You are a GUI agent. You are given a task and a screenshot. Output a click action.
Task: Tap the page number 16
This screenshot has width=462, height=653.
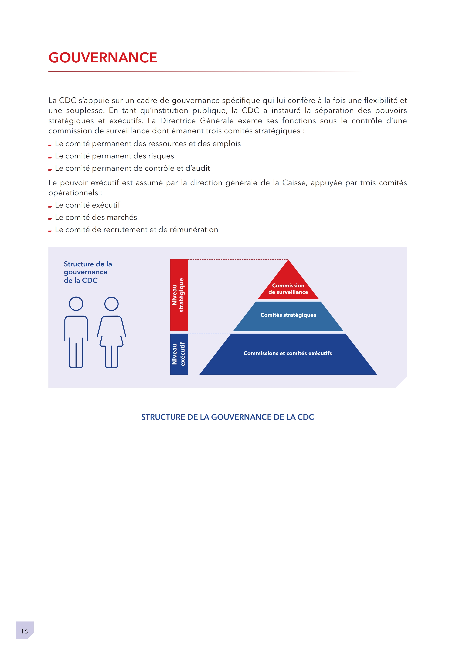coord(24,631)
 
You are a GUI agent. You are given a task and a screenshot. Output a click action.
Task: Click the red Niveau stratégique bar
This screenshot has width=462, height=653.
coord(179,295)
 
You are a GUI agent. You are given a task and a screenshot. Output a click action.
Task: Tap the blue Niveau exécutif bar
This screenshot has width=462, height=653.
coord(179,354)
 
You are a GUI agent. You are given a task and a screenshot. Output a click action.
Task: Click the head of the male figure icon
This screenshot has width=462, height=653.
coord(76,304)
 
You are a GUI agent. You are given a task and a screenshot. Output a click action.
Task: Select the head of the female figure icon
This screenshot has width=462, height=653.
coord(111,304)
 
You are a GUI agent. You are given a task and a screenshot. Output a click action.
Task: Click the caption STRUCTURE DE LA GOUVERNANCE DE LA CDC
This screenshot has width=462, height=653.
coord(227,417)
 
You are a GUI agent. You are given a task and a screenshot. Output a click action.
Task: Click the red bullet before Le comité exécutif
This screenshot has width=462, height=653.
coord(50,206)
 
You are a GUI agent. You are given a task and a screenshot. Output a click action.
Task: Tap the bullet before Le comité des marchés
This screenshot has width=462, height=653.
coord(50,218)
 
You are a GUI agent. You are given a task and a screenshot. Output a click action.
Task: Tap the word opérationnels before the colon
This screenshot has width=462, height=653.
coord(73,193)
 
